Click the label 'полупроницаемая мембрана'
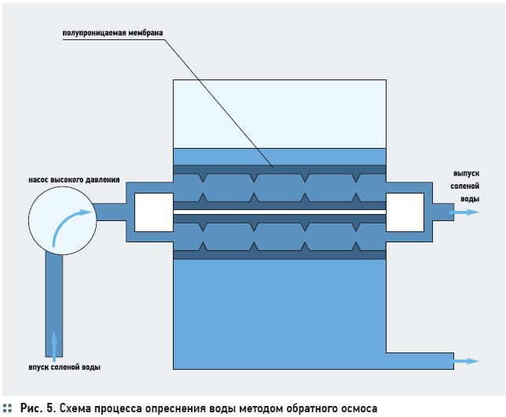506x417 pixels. click(x=112, y=33)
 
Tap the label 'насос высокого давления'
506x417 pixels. click(x=74, y=179)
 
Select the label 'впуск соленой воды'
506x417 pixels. click(x=64, y=367)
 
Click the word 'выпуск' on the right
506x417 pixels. click(x=466, y=174)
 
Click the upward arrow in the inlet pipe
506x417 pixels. click(x=54, y=346)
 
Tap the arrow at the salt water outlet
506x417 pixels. click(x=464, y=212)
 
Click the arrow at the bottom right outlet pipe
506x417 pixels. click(x=464, y=361)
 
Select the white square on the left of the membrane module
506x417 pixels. click(x=154, y=212)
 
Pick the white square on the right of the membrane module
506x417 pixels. click(x=405, y=212)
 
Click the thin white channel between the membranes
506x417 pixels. click(x=280, y=212)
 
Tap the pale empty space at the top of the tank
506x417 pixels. click(x=280, y=114)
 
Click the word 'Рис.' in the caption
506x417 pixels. click(x=31, y=408)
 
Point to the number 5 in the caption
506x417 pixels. click(x=51, y=408)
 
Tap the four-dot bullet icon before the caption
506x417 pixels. click(x=7, y=408)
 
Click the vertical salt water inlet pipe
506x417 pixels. click(x=54, y=304)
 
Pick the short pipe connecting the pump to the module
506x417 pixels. click(x=111, y=212)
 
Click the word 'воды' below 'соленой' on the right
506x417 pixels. click(x=470, y=199)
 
